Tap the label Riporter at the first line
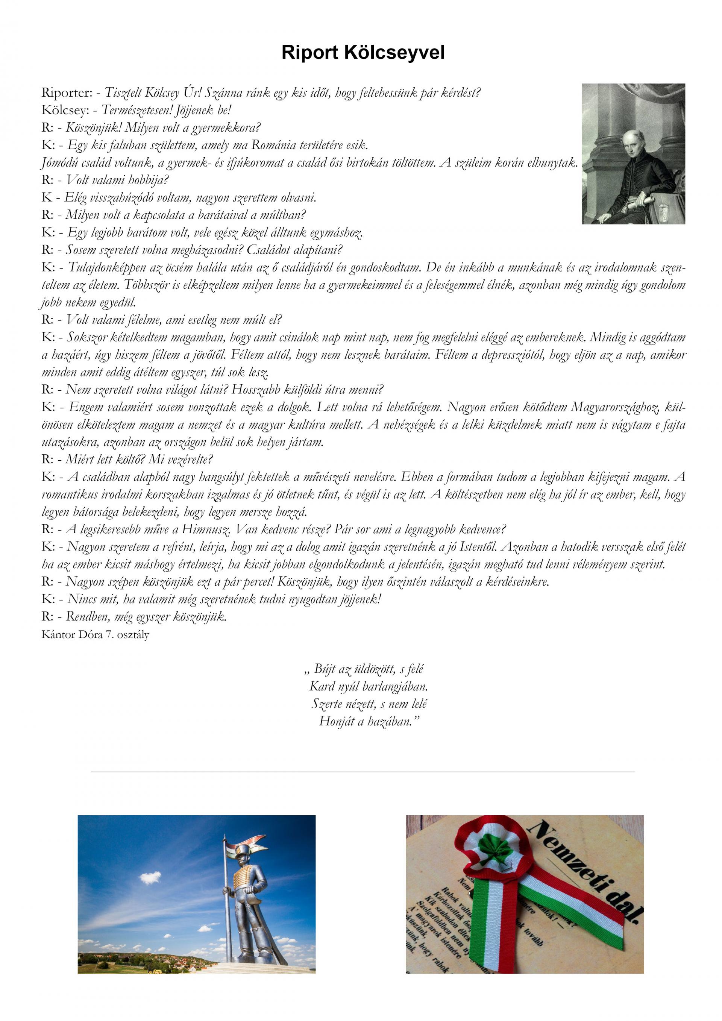click(x=66, y=93)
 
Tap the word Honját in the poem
click(x=335, y=721)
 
